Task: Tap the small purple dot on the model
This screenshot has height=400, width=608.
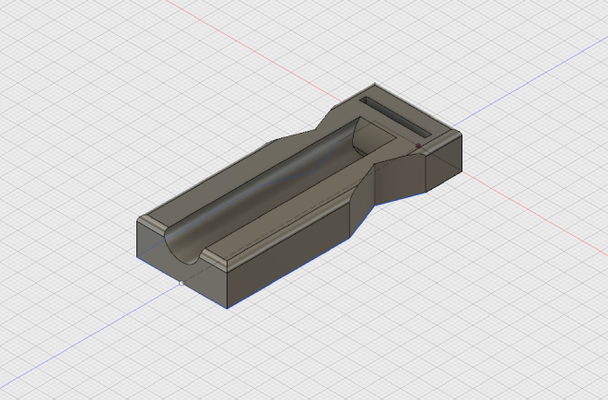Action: coord(419,146)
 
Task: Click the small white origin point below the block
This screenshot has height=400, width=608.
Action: coord(180,284)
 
